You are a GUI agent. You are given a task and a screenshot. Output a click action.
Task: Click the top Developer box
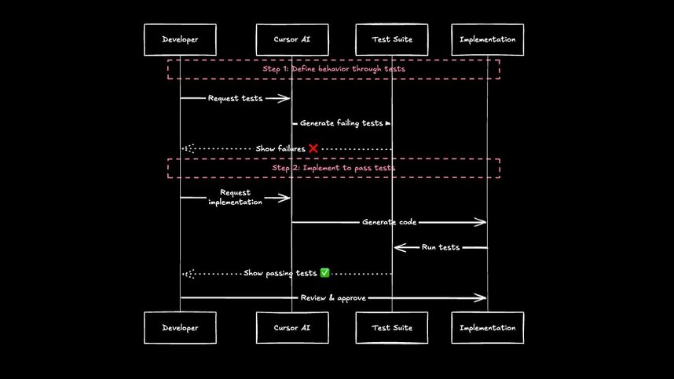[180, 39]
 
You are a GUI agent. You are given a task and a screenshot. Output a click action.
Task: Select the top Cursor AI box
[292, 39]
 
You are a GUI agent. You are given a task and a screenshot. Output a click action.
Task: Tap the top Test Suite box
[391, 39]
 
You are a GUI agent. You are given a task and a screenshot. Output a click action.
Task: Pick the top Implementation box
[487, 39]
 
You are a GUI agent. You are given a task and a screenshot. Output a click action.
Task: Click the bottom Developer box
[180, 327]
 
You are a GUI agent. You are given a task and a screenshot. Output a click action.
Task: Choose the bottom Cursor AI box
[292, 327]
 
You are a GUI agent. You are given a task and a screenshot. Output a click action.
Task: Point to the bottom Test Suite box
[391, 327]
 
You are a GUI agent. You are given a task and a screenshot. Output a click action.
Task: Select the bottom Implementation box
[487, 327]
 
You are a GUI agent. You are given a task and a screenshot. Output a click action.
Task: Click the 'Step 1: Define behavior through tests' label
[334, 69]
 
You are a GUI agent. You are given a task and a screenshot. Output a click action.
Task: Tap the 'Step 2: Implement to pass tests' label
[334, 168]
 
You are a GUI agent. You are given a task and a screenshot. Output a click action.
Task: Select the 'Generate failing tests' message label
[342, 123]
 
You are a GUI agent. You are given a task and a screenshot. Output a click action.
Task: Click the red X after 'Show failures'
[313, 148]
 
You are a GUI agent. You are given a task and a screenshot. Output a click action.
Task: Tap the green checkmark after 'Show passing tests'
[324, 273]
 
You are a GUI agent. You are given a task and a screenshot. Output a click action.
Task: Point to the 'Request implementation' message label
[236, 197]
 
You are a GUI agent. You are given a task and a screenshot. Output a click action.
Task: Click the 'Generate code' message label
[389, 222]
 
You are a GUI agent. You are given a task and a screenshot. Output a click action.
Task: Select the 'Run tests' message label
[440, 247]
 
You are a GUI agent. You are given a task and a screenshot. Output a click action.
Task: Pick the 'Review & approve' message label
[334, 298]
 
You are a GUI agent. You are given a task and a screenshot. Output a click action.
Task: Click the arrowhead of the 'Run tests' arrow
[398, 247]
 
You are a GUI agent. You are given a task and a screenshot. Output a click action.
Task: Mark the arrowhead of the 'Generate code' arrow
[482, 222]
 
